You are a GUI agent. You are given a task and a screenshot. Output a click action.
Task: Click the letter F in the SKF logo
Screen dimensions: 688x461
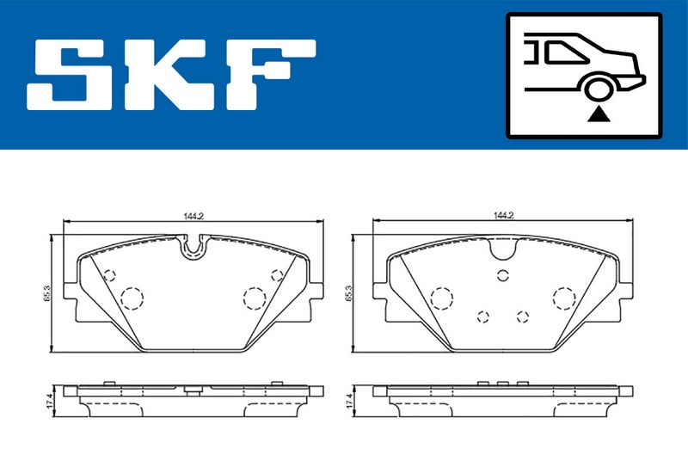[271, 75]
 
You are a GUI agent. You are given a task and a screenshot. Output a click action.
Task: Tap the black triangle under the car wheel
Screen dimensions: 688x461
[599, 114]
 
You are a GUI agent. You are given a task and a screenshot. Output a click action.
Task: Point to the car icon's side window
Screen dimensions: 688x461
[562, 52]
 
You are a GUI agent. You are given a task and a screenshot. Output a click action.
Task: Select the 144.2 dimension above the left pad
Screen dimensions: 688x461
[194, 216]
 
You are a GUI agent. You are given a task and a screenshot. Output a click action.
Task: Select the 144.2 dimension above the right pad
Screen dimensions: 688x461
[503, 216]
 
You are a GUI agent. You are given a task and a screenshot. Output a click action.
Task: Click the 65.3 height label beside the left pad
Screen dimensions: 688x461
[47, 293]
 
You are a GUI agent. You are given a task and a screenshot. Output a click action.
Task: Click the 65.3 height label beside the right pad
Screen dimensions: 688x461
[349, 293]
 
